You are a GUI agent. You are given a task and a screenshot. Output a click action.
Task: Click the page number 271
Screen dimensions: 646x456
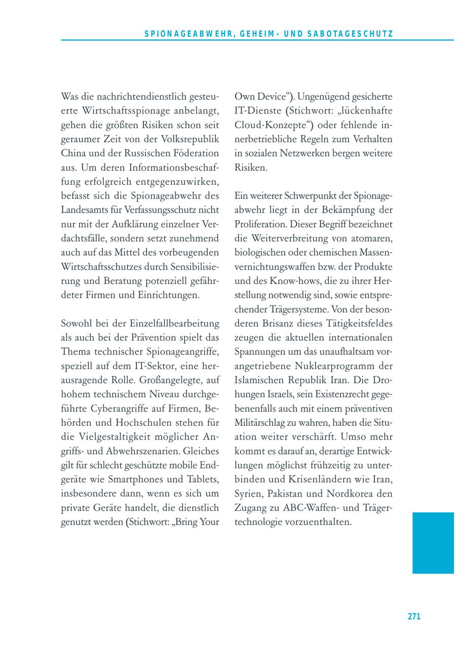tap(414, 617)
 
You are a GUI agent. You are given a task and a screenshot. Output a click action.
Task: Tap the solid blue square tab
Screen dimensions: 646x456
tap(433, 543)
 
